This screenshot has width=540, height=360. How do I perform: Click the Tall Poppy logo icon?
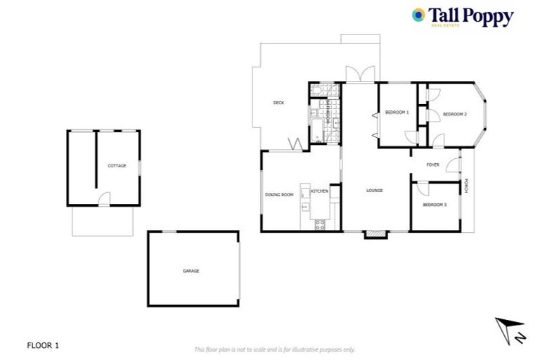click(418, 15)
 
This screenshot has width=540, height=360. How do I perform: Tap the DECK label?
click(278, 103)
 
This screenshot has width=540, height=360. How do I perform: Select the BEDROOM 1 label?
click(397, 112)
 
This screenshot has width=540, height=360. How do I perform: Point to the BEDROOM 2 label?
click(455, 114)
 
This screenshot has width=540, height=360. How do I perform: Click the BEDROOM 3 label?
click(435, 205)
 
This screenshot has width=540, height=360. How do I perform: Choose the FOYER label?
click(433, 165)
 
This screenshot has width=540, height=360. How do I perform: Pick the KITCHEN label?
click(320, 191)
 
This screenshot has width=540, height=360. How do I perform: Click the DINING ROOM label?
click(278, 195)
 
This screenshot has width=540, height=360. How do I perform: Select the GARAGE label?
click(191, 271)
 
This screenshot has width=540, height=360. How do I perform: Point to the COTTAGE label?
click(117, 166)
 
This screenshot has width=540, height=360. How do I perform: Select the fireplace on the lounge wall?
click(375, 234)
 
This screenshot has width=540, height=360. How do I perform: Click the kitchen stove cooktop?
click(320, 225)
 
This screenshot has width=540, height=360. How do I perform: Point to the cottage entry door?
click(104, 200)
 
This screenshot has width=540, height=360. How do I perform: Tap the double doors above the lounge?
click(360, 74)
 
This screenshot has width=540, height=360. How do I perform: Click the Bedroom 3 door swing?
click(422, 188)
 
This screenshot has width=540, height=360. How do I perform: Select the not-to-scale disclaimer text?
click(274, 349)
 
